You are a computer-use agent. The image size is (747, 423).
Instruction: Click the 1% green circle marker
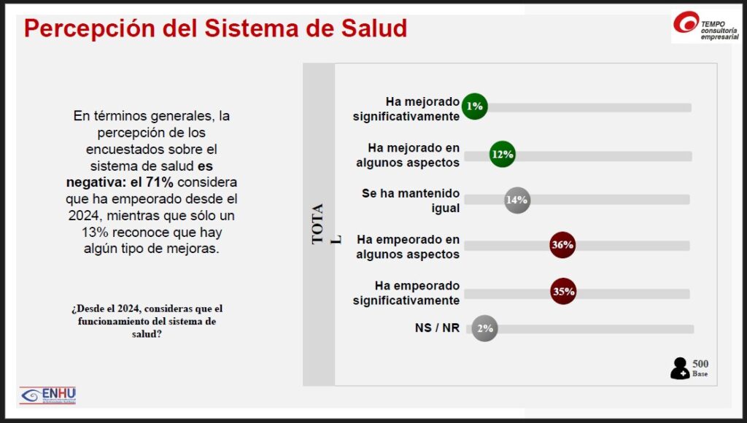point(475,106)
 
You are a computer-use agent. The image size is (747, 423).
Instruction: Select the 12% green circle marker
point(503,155)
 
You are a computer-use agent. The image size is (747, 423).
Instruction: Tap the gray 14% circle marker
point(517,200)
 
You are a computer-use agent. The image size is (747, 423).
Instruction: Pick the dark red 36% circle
point(562,245)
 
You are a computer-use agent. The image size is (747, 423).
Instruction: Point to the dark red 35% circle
point(563,292)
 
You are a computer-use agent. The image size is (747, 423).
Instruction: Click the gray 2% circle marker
point(485,328)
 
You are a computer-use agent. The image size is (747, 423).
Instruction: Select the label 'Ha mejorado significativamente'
point(406,109)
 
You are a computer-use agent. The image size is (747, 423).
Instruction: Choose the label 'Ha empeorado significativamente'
point(406,292)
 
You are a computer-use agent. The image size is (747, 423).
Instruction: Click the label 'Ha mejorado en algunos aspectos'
point(408,155)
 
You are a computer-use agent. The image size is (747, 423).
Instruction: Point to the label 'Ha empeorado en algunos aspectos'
point(408,247)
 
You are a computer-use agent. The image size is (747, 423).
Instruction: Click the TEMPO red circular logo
point(686,23)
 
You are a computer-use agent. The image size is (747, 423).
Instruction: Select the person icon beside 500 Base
point(679,368)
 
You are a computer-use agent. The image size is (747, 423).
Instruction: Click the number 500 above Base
point(700,364)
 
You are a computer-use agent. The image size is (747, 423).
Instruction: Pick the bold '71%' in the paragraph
point(159,182)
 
